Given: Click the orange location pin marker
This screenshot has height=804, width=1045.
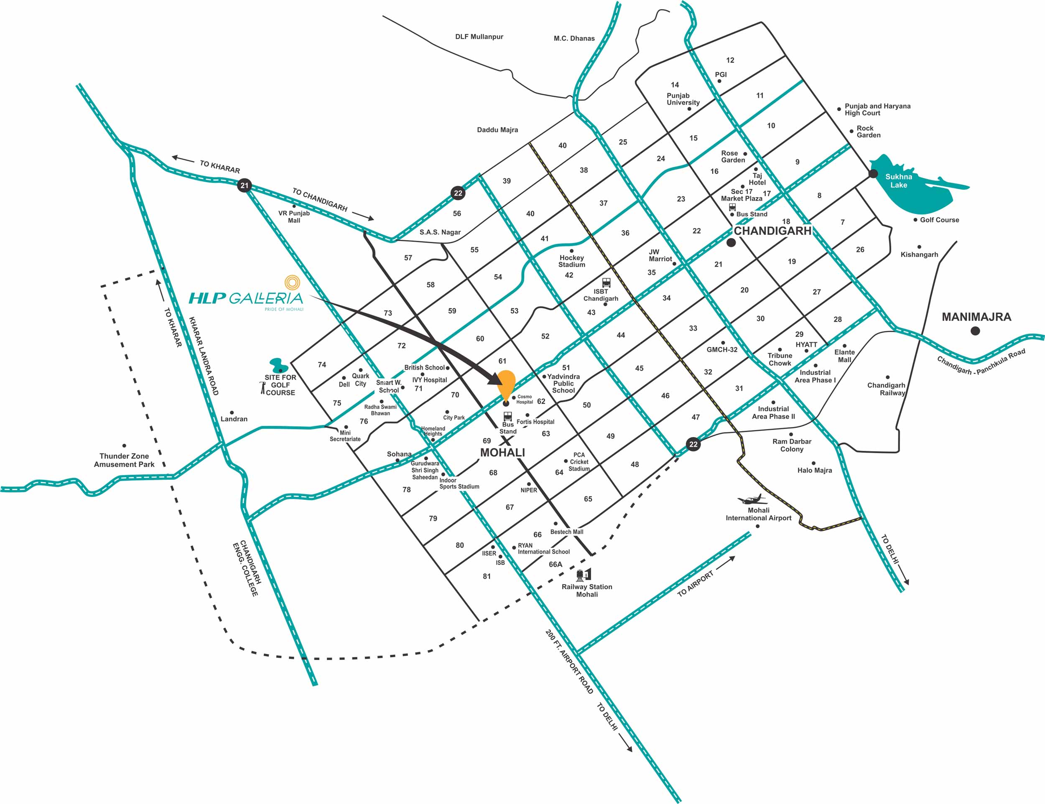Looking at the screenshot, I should (506, 384).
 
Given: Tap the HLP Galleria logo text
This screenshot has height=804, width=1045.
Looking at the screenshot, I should (246, 298).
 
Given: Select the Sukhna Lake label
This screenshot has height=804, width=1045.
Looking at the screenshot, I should (899, 181).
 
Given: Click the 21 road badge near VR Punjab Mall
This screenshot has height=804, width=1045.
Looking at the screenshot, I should (245, 186).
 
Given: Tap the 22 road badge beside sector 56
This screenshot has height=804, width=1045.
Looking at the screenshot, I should (458, 193).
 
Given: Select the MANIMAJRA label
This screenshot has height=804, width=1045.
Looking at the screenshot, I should (976, 317).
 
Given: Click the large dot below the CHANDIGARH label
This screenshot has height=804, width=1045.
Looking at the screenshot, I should (731, 242).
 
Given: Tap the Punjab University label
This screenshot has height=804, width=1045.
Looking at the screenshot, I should (683, 99).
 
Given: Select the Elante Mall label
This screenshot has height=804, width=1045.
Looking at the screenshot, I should (844, 356).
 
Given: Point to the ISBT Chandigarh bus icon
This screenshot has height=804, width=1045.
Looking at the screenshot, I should (606, 282).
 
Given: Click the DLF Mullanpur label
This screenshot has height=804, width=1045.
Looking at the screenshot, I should (479, 37).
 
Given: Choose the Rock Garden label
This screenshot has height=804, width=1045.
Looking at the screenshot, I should (868, 132).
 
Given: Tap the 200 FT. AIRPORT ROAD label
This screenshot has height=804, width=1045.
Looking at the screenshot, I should (569, 662).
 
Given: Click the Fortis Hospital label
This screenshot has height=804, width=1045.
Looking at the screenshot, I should (535, 422).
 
